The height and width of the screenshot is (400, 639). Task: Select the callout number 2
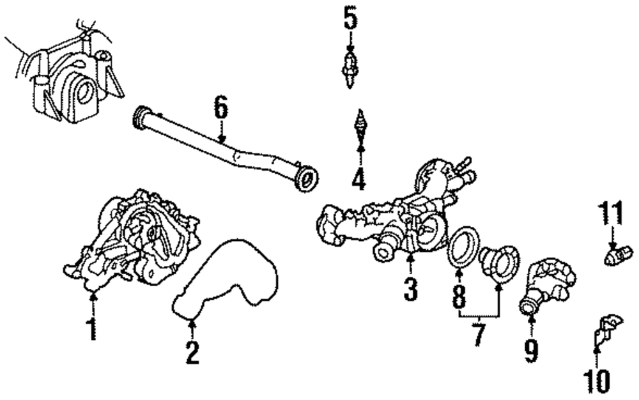tap(192, 352)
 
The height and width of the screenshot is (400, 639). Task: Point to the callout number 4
tap(359, 178)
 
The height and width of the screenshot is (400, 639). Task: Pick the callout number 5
tap(350, 18)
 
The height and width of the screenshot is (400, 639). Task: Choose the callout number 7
tap(479, 334)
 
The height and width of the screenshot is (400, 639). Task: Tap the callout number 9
tap(531, 349)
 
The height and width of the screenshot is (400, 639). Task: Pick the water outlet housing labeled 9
tap(546, 284)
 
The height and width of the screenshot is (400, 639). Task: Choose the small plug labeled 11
tap(614, 258)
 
